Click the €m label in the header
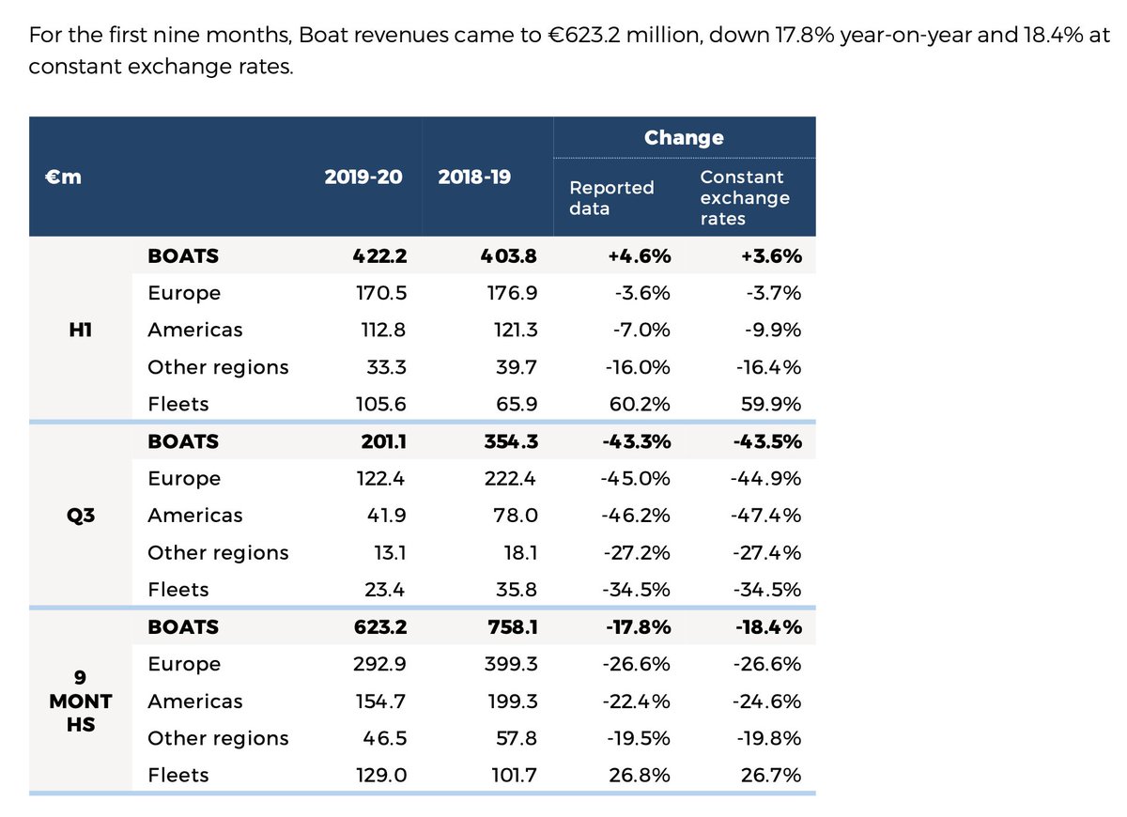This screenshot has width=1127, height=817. click(65, 177)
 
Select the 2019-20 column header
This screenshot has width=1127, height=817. click(363, 177)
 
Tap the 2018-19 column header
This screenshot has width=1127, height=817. click(474, 177)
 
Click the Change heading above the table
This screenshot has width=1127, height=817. click(684, 138)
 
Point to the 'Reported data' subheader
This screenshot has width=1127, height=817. click(611, 197)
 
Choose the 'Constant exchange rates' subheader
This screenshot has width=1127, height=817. click(745, 197)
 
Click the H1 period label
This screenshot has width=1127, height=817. click(80, 330)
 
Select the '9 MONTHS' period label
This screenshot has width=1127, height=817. click(80, 701)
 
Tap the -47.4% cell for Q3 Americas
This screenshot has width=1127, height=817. click(766, 516)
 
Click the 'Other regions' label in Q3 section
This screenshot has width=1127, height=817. click(218, 552)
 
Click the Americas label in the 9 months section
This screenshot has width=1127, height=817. click(194, 701)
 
